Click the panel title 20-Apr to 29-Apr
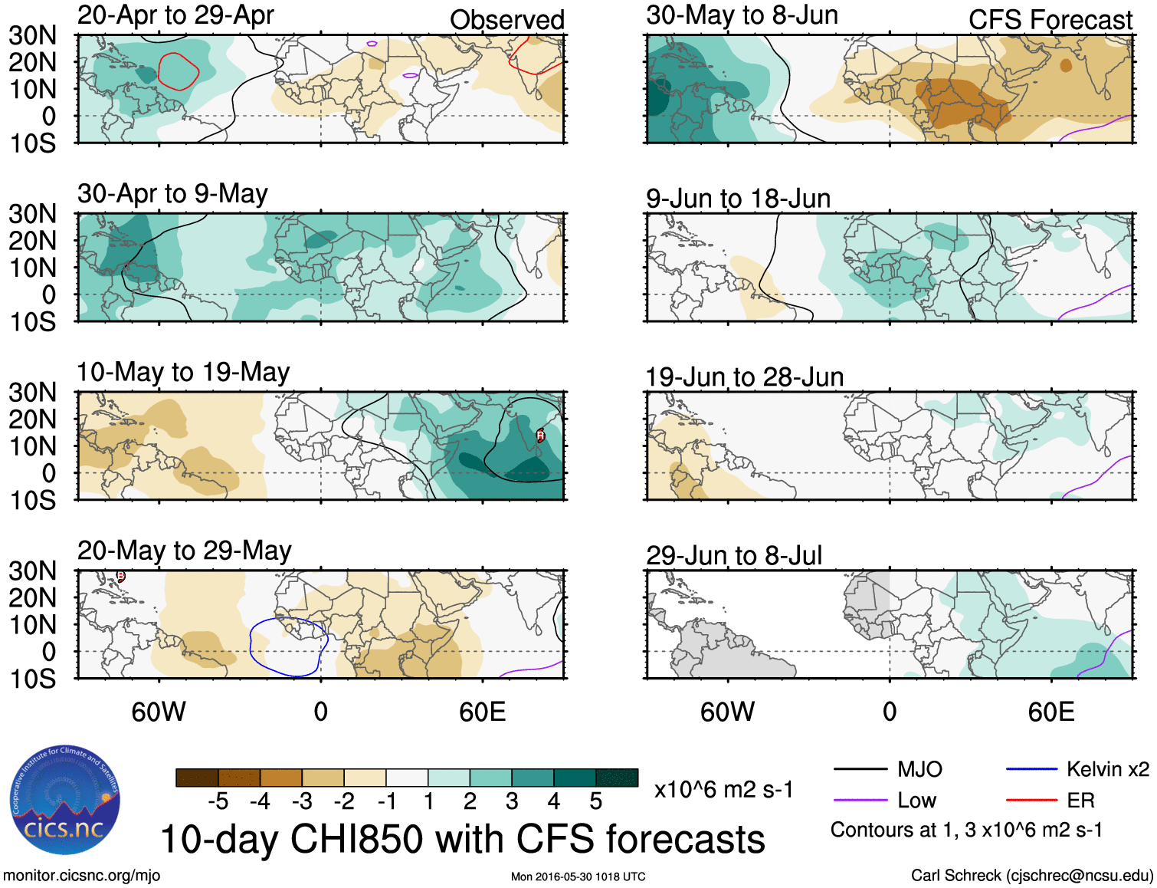pos(175,15)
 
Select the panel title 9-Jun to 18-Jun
pos(738,199)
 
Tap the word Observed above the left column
pos(506,20)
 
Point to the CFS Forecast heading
pos(1050,20)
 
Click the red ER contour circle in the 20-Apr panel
pos(179,71)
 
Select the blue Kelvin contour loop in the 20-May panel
pos(287,646)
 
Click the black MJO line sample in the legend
pos(860,769)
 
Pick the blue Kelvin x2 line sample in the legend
pos(1031,769)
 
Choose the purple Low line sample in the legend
pos(860,801)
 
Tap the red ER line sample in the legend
pos(1031,801)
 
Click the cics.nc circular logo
pos(64,801)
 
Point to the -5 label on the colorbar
pos(218,801)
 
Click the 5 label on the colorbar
pos(596,801)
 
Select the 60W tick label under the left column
pos(159,712)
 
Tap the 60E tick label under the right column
pos(1050,712)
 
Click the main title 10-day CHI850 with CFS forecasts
pos(462,839)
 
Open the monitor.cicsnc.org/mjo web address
pos(81,876)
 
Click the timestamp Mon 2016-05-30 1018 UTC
pos(578,876)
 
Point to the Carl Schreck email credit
pos(1031,876)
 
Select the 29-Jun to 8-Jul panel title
pos(734,555)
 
